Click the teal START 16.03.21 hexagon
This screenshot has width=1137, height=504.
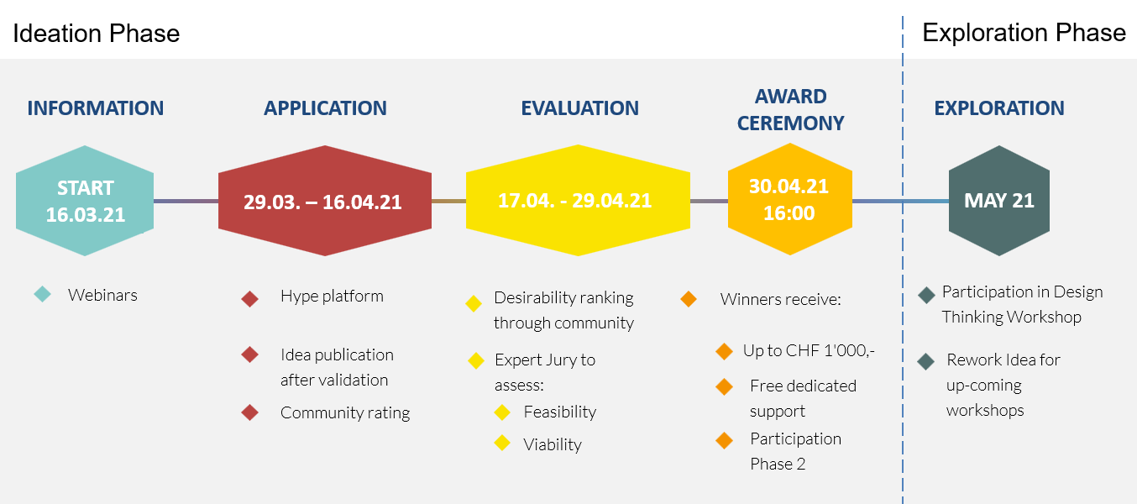point(85,201)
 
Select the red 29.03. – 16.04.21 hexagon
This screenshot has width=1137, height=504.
point(325,201)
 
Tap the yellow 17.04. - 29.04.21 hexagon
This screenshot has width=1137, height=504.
point(578,201)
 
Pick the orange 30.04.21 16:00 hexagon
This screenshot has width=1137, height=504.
point(790,199)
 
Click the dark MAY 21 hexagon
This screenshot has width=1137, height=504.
point(999,201)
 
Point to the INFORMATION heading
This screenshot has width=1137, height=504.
point(96,108)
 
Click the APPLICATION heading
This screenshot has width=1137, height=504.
point(325,108)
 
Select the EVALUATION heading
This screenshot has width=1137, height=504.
point(579,108)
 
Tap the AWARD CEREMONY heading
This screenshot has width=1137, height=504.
point(790,110)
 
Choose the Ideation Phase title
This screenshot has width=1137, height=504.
point(97,34)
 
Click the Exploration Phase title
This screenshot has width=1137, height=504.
point(1024,33)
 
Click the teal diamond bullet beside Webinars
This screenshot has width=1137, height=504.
point(43,294)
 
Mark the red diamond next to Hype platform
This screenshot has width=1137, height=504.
point(249,299)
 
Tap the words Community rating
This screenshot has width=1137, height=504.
point(345,412)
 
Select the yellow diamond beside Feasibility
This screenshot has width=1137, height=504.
point(502,412)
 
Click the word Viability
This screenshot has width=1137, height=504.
point(553,444)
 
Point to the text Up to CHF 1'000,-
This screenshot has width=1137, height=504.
point(810,351)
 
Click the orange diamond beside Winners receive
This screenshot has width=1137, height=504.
point(689,299)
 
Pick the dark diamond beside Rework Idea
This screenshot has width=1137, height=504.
point(926,361)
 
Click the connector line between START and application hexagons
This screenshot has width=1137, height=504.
point(186,202)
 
